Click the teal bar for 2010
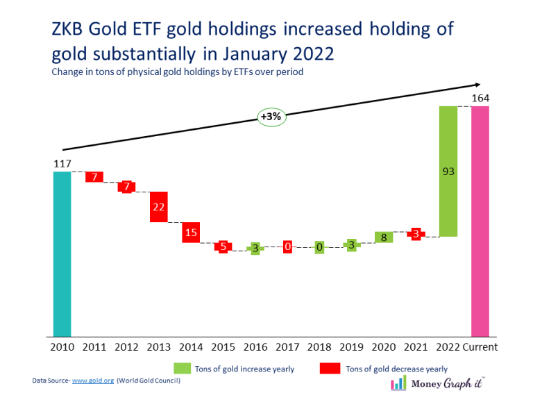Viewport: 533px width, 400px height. [x=62, y=253]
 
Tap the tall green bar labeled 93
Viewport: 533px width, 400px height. [x=448, y=171]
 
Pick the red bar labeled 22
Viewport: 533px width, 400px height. [x=159, y=207]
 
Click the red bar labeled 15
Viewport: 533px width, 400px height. [x=191, y=233]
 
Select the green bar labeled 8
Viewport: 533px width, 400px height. [x=384, y=237]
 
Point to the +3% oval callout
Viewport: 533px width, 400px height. [x=271, y=117]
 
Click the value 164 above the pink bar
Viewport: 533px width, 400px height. [x=480, y=98]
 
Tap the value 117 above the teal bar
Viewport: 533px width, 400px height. [x=62, y=164]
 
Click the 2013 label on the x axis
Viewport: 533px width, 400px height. [x=159, y=347]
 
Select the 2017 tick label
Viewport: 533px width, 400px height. [x=287, y=347]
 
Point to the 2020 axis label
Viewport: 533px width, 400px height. [x=384, y=347]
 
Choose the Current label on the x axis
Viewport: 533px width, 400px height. [x=480, y=347]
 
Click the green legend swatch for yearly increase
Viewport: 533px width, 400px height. [x=183, y=368]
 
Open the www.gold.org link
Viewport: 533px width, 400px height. [x=93, y=381]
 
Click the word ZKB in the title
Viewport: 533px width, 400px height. [x=69, y=29]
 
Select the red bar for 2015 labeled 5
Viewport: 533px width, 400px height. [x=223, y=247]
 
